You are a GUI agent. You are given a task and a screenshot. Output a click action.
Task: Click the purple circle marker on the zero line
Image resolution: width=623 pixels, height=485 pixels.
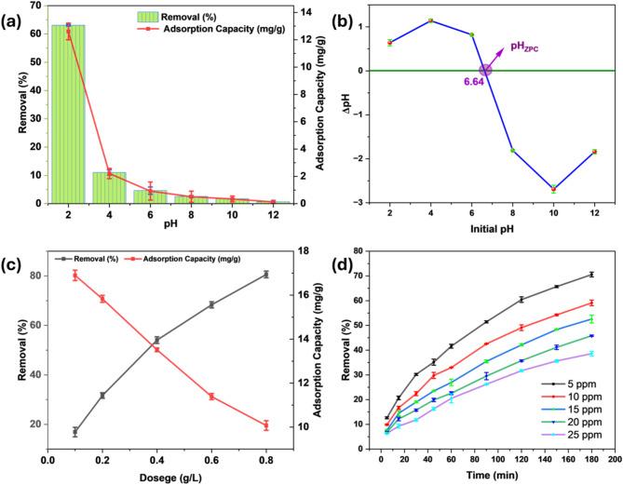coord(485,70)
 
